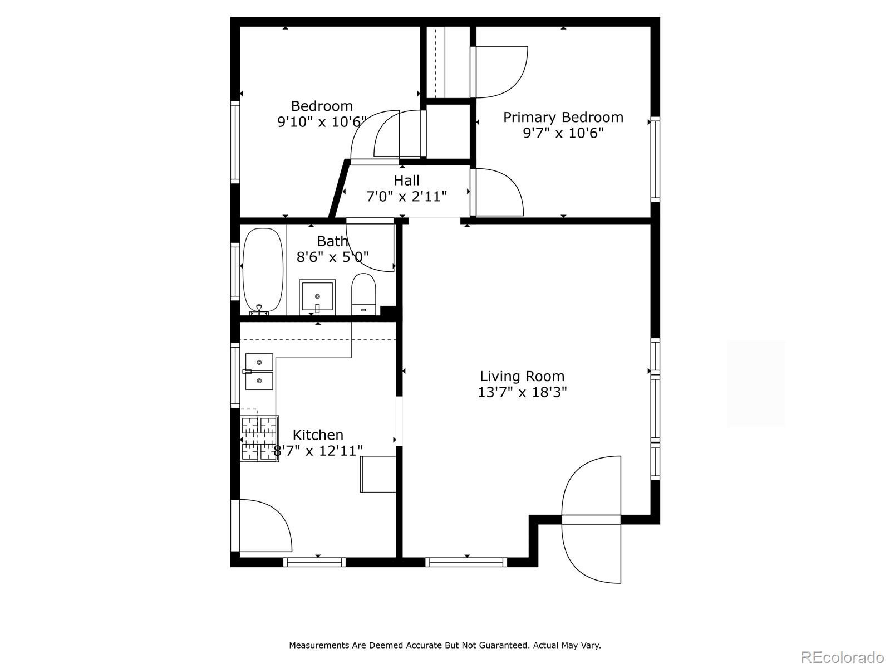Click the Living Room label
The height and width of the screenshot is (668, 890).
522,376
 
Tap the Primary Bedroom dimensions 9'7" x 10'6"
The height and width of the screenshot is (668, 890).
563,133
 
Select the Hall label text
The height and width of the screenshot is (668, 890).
407,180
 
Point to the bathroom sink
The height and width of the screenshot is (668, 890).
317,296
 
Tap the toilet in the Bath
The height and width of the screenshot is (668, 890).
363,294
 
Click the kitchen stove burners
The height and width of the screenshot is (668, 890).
259,438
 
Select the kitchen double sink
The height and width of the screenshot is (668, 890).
259,372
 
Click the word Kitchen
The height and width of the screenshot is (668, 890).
318,435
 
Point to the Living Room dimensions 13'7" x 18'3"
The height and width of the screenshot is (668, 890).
522,392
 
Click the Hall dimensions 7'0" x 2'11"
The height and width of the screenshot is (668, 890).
407,197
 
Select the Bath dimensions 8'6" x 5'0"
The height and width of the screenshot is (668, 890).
332,257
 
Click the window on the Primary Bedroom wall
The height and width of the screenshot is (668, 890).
655,159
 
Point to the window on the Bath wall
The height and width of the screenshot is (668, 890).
235,271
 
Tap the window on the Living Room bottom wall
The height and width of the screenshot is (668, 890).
466,562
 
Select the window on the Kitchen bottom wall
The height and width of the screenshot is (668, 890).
314,562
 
